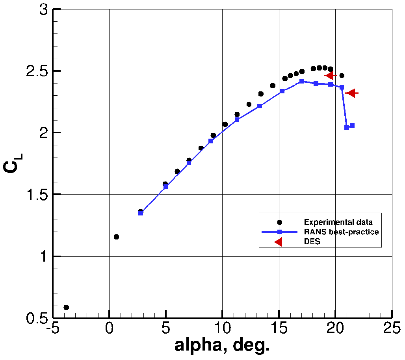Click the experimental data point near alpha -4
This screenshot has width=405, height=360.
pyautogui.click(x=66, y=307)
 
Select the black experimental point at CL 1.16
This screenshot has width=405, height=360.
pyautogui.click(x=116, y=237)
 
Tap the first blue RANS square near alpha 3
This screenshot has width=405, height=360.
pyautogui.click(x=141, y=213)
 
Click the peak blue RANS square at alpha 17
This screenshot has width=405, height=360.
pyautogui.click(x=302, y=81)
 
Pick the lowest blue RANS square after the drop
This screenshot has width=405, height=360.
pyautogui.click(x=347, y=128)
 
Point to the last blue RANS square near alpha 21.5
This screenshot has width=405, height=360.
pyautogui.click(x=352, y=126)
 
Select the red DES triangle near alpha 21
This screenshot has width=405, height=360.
pyautogui.click(x=351, y=93)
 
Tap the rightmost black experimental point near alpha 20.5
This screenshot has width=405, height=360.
pyautogui.click(x=342, y=76)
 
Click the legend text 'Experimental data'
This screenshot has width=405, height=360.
pyautogui.click(x=338, y=222)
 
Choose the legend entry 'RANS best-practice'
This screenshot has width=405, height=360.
pyautogui.click(x=341, y=232)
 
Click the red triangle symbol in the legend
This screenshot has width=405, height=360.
pyautogui.click(x=279, y=242)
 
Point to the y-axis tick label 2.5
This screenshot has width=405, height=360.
pyautogui.click(x=38, y=71)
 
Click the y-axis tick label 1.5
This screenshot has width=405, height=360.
pyautogui.click(x=38, y=195)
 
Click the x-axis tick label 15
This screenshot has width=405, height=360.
pyautogui.click(x=279, y=328)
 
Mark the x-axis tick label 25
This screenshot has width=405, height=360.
pyautogui.click(x=392, y=328)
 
